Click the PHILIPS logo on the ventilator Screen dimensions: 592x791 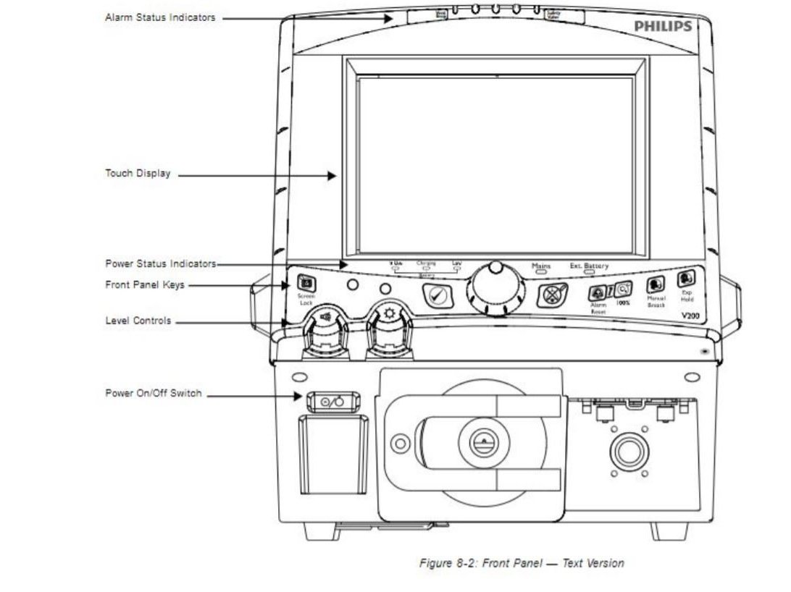coord(663,26)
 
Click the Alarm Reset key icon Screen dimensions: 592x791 coord(597,293)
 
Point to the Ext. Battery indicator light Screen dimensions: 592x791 coord(589,274)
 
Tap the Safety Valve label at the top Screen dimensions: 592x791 coord(553,13)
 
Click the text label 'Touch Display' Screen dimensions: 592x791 coord(138,174)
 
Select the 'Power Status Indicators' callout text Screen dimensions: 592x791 coord(160,264)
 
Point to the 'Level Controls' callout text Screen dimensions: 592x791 coord(138,321)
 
